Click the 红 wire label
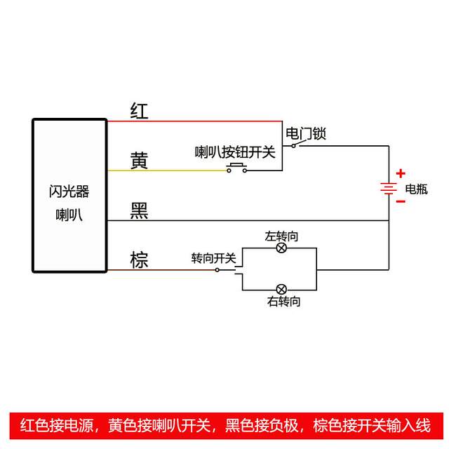coord(140,111)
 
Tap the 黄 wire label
coord(140,161)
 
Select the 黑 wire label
coord(140,210)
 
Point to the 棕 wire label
coord(140,260)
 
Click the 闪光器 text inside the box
coord(69,191)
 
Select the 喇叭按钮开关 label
coord(235,151)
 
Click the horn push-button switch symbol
coord(237,168)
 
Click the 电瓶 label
coord(416,189)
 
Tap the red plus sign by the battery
coord(401,173)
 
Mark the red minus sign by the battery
coord(401,201)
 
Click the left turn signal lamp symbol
coord(281,248)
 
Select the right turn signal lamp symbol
coord(281,289)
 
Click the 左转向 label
coord(281,236)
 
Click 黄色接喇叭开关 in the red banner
coord(160,425)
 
